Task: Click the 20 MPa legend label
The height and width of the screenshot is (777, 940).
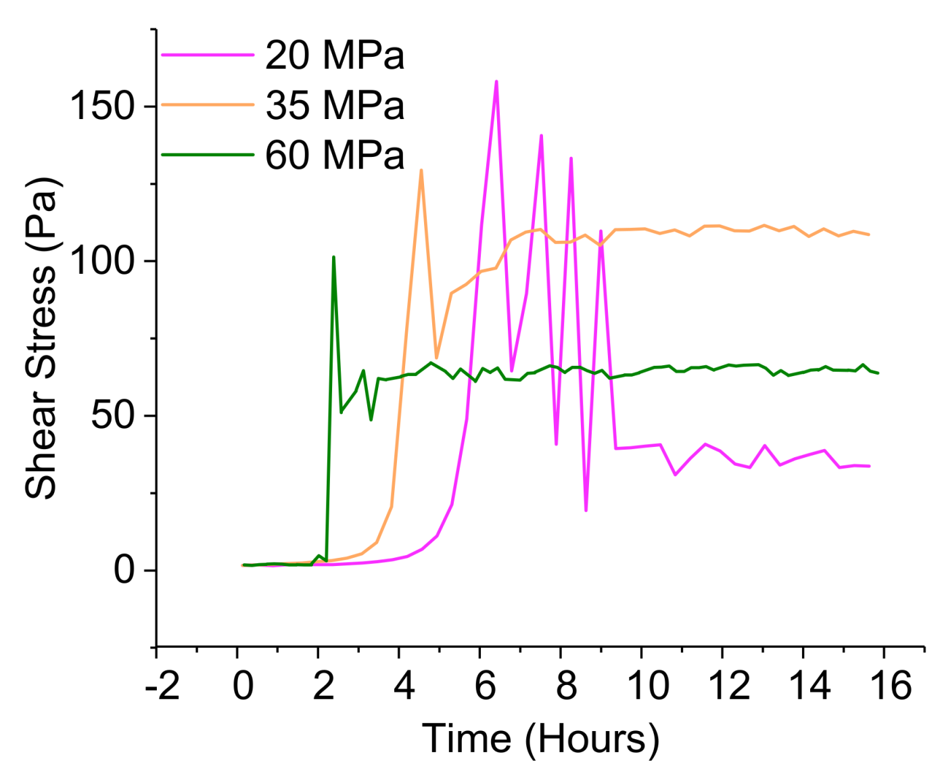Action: pyautogui.click(x=335, y=55)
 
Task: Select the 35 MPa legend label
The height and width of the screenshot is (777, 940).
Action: pyautogui.click(x=335, y=105)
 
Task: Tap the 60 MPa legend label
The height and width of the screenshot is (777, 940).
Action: pyautogui.click(x=335, y=156)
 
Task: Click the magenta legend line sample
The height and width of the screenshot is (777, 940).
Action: pyautogui.click(x=207, y=55)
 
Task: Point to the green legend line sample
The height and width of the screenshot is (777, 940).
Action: pyautogui.click(x=207, y=155)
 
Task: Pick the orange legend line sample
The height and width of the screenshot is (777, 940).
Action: pyautogui.click(x=207, y=105)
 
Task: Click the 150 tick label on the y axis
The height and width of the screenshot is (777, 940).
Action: pyautogui.click(x=103, y=106)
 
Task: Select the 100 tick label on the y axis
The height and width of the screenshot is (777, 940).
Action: pyautogui.click(x=103, y=260)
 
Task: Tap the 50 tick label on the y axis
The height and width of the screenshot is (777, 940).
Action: pyautogui.click(x=114, y=415)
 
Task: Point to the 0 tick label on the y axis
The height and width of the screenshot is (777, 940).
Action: pyautogui.click(x=125, y=569)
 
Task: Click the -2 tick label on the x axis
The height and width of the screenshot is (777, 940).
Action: pyautogui.click(x=162, y=685)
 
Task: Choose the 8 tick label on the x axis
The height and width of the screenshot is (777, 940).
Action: pyautogui.click(x=566, y=685)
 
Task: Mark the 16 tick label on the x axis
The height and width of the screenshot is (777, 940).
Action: pyautogui.click(x=890, y=685)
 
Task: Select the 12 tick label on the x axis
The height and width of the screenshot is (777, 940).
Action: pyautogui.click(x=729, y=685)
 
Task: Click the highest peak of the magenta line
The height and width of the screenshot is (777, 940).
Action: pyautogui.click(x=496, y=82)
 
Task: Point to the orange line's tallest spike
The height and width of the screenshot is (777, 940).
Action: pyautogui.click(x=421, y=170)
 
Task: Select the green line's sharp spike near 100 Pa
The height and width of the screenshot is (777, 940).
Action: pyautogui.click(x=333, y=258)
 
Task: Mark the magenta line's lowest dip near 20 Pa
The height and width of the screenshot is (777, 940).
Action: pyautogui.click(x=586, y=510)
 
